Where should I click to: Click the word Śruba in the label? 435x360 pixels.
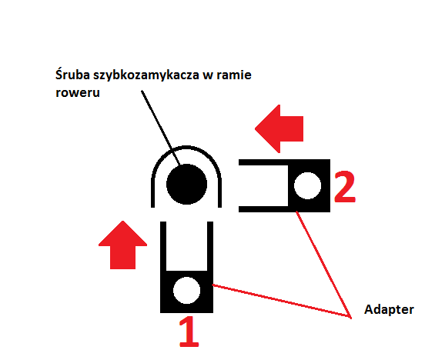coord(72,75)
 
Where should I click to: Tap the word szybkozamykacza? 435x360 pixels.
coord(146,75)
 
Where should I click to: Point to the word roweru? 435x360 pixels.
coord(78,92)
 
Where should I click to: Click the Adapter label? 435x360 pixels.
coord(389,310)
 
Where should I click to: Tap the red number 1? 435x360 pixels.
coord(189,332)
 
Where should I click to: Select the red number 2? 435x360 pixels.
coord(345,187)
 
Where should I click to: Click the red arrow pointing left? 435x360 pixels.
coord(279,129)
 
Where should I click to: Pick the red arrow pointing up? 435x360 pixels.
coord(122,245)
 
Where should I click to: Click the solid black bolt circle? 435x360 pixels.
coord(187,185)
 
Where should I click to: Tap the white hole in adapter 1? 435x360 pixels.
coord(187,290)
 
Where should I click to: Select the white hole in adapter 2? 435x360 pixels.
coord(307,185)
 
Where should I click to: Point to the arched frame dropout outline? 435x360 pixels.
coord(186,147)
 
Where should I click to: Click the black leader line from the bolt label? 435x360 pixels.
coord(161,128)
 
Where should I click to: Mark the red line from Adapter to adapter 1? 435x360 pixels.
coord(282,302)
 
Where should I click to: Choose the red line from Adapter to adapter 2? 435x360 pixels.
coord(324,265)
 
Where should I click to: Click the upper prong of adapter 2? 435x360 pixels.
coord(263,162)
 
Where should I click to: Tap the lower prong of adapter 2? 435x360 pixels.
coord(263,209)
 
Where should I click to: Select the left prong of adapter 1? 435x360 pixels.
coord(163,246)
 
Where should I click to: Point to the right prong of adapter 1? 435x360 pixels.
coord(210,246)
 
